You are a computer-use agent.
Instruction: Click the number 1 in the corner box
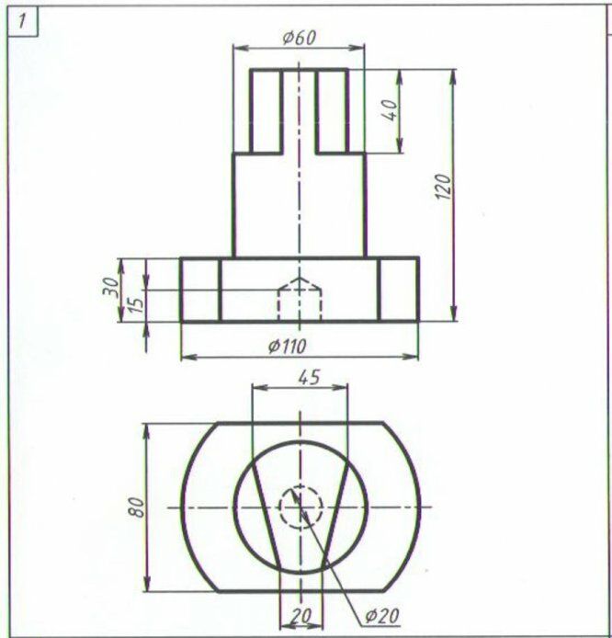21,21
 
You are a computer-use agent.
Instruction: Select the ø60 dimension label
299,38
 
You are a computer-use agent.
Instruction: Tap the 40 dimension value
390,110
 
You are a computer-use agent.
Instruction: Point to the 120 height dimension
444,187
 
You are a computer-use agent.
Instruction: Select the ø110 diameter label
287,347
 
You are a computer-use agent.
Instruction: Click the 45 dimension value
309,377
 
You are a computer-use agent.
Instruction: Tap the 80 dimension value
137,507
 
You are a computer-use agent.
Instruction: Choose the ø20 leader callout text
382,616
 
